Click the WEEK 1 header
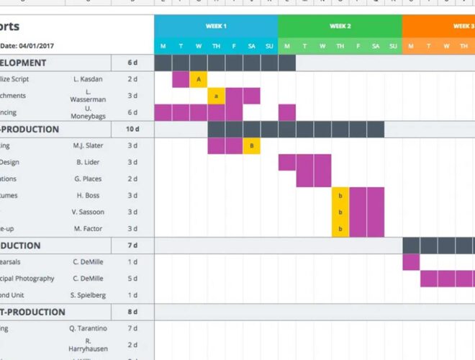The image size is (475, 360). click(x=216, y=26)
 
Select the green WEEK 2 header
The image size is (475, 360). click(x=340, y=26)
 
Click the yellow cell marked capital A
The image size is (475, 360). click(x=199, y=79)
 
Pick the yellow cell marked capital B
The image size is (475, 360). click(x=251, y=146)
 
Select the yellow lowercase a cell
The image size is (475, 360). click(x=216, y=96)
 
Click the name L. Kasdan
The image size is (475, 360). click(x=88, y=79)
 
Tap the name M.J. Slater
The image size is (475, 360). click(x=88, y=146)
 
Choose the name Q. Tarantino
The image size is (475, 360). click(x=88, y=328)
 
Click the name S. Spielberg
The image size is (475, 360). click(x=88, y=295)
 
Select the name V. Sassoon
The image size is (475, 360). click(x=88, y=212)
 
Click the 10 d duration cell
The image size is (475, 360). click(x=132, y=130)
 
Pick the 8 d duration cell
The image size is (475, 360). click(x=132, y=312)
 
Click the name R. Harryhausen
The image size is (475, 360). click(x=88, y=345)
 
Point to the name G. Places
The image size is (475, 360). click(x=88, y=179)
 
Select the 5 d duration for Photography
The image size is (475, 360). click(x=132, y=279)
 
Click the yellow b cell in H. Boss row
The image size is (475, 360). click(x=340, y=196)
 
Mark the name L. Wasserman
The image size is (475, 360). click(x=88, y=96)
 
